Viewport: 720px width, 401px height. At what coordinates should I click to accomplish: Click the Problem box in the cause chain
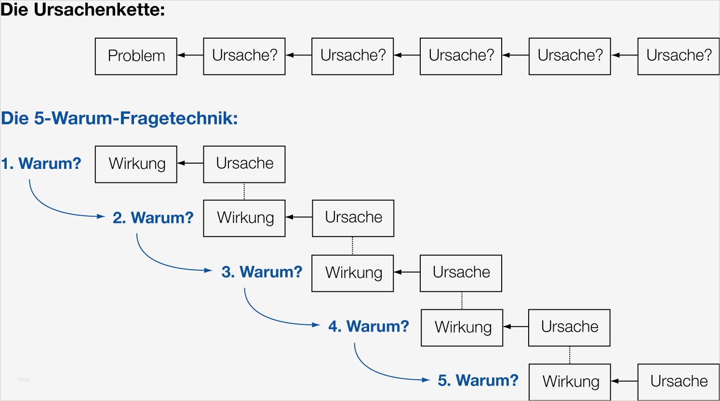point(136,56)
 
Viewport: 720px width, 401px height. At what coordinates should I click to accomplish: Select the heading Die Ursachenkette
point(83,10)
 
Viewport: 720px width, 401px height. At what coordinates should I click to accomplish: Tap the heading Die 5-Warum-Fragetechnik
point(120,118)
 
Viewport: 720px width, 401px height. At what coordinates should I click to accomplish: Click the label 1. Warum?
point(41,164)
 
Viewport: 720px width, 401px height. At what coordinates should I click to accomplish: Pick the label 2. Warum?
point(153,218)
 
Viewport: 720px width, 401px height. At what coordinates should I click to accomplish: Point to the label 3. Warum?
point(262,272)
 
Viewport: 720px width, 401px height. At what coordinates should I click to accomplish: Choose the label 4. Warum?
point(369,327)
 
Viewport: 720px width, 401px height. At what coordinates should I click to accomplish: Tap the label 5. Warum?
point(478,381)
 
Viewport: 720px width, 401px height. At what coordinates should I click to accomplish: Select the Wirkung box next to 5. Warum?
point(570,382)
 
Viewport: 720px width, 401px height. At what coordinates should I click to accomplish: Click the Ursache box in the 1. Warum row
point(244,164)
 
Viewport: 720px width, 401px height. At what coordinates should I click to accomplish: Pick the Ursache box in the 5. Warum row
point(679,382)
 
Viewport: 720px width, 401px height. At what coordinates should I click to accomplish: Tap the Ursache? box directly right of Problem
point(244,56)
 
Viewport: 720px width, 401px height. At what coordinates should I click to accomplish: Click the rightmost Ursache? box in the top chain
point(679,56)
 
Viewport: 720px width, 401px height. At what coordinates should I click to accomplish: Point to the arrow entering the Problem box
point(190,55)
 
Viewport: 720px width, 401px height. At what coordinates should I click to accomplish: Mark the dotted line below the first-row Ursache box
point(244,191)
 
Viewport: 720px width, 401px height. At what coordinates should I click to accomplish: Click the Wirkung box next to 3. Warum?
point(353,273)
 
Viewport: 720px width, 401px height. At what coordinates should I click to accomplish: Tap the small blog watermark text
point(24,379)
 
